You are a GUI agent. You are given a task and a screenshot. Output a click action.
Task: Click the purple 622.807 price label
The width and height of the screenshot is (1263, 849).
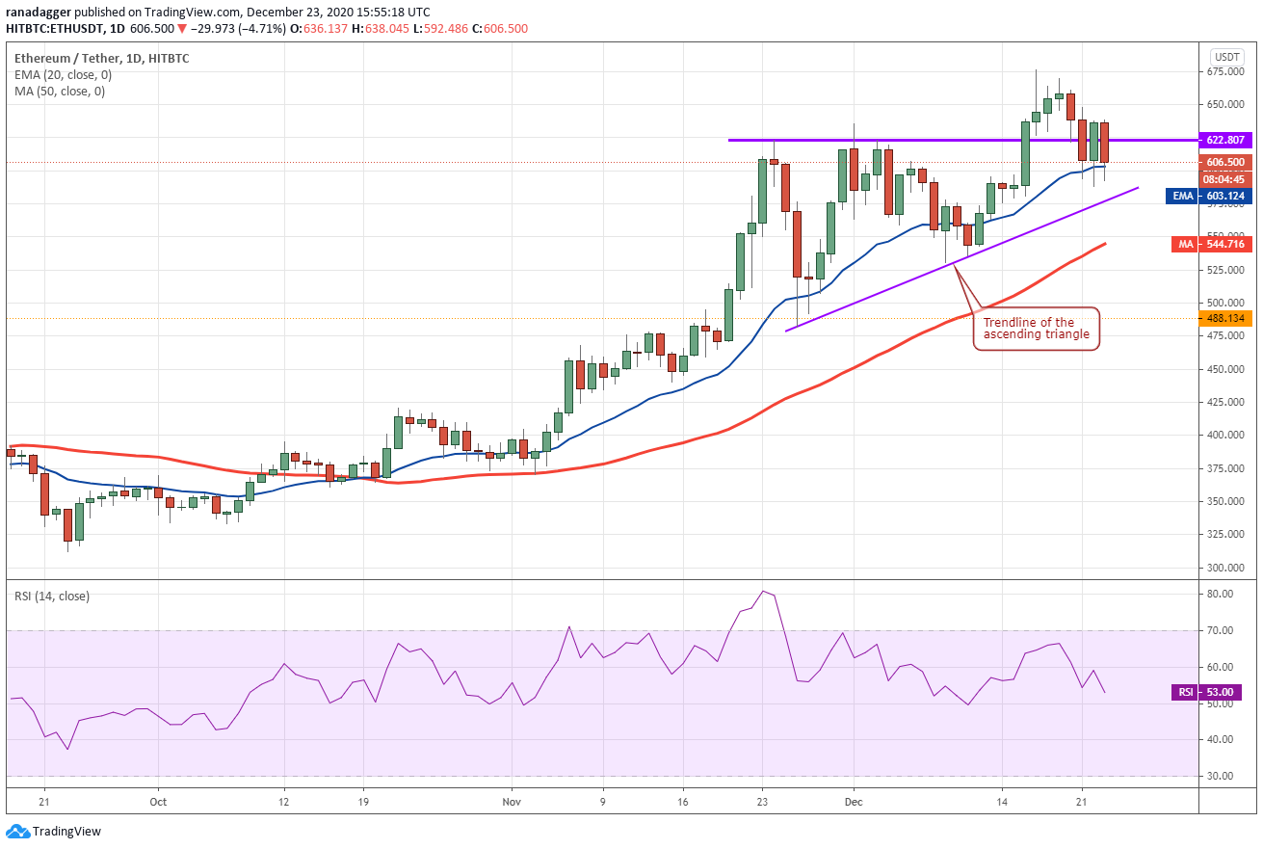[x=1225, y=140]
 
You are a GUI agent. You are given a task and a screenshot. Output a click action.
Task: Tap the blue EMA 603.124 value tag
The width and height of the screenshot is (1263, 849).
[x=1209, y=196]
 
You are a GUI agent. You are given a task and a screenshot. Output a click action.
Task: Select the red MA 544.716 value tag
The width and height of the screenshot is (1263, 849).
[x=1212, y=244]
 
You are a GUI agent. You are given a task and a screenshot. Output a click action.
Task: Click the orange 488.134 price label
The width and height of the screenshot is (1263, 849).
[x=1225, y=318]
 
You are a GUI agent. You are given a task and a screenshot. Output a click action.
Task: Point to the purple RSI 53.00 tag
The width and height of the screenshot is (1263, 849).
[x=1212, y=692]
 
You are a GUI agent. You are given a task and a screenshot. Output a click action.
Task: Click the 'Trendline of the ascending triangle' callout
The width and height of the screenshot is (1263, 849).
[x=1037, y=329]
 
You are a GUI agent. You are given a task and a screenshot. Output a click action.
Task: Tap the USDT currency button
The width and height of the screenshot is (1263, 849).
[x=1227, y=57]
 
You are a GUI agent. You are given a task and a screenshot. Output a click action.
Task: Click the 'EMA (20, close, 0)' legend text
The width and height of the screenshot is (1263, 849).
[x=64, y=75]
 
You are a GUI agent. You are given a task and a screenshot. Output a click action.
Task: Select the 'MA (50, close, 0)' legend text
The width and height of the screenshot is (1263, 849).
[x=60, y=92]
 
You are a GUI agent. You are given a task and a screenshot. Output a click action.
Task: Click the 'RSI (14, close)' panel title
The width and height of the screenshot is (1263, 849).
[x=52, y=597]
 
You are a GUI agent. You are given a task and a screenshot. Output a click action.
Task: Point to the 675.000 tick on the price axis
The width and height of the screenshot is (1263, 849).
[x=1225, y=71]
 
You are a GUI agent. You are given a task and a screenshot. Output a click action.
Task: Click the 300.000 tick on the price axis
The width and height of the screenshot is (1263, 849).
[x=1225, y=568]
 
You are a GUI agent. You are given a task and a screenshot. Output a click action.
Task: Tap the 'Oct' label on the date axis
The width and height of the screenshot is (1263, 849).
[x=158, y=802]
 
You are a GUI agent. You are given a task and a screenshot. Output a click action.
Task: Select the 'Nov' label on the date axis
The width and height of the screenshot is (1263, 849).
[x=512, y=802]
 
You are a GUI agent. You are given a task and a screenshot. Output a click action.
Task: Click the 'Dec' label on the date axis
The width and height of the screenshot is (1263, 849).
[x=854, y=802]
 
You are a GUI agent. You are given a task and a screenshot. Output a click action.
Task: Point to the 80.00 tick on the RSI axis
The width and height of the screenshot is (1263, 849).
[x=1221, y=594]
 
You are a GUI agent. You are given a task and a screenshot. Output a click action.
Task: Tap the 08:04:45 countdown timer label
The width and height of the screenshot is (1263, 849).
[x=1225, y=179]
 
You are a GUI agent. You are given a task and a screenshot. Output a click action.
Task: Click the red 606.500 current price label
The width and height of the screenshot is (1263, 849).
[x=1225, y=163]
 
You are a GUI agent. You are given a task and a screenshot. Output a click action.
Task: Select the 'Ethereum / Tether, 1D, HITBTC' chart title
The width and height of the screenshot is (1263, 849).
[x=101, y=58]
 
